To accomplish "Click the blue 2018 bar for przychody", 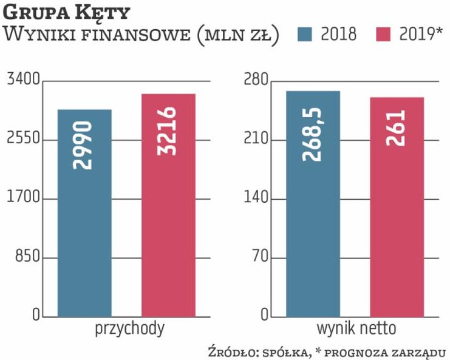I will click(84, 231).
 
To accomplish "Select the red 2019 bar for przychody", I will click(168, 231).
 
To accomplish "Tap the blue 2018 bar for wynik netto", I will click(313, 231).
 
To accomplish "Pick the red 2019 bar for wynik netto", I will click(397, 231).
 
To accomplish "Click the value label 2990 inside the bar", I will click(84, 145).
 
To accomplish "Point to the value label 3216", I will click(168, 131).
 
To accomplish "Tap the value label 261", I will click(396, 129).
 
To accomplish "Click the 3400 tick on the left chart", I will click(22, 80).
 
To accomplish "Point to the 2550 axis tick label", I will click(22, 139).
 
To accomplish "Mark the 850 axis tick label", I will click(27, 257).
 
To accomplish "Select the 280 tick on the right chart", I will click(256, 80).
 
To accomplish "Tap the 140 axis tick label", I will click(256, 199).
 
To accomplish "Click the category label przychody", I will click(129, 329).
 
